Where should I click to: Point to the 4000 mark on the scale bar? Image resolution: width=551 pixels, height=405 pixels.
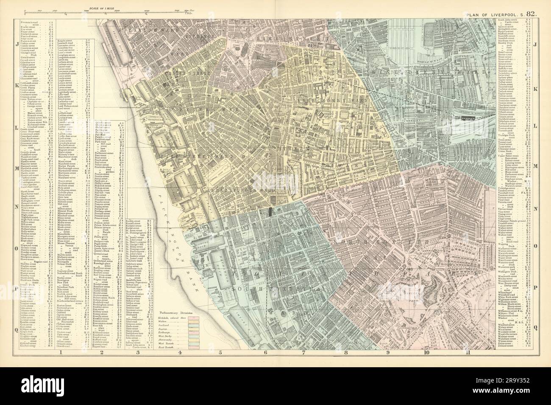point(147,9)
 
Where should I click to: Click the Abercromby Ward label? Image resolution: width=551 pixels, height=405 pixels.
point(331,101)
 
